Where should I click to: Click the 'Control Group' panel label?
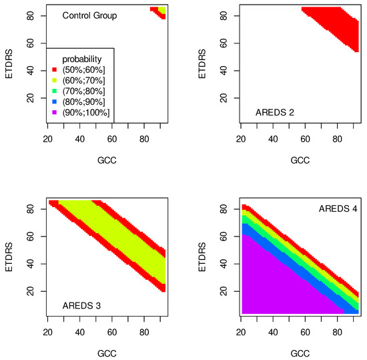pyautogui.click(x=89, y=15)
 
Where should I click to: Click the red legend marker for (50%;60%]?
pyautogui.click(x=53, y=69)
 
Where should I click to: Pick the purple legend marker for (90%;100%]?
pyautogui.click(x=53, y=112)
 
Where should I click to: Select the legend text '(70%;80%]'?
pyautogui.click(x=81, y=91)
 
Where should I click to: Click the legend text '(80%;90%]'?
pyautogui.click(x=81, y=102)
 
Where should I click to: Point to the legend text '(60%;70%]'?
pyautogui.click(x=81, y=80)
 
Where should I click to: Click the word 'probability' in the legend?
pyautogui.click(x=79, y=59)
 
